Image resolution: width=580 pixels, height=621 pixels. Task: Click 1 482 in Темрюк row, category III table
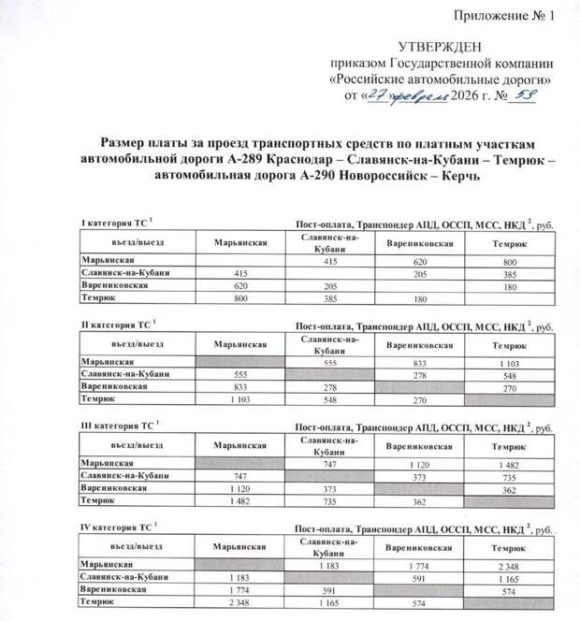[x=240, y=501]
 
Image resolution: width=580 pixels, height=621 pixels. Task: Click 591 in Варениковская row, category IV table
[x=327, y=590]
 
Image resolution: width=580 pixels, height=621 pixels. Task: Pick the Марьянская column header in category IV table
[x=240, y=549]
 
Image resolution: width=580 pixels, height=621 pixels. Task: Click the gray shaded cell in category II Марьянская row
[x=240, y=361]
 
